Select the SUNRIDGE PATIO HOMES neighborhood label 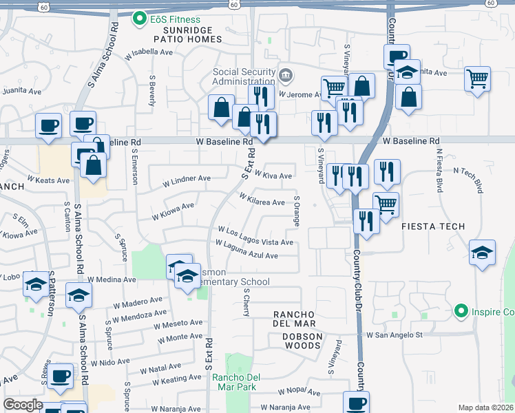[182, 35]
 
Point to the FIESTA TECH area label [434, 226]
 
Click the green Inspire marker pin [461, 312]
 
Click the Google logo [22, 405]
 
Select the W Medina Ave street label [111, 280]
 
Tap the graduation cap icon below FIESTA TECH [482, 253]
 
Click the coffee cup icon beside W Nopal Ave [356, 403]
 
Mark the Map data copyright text [486, 407]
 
